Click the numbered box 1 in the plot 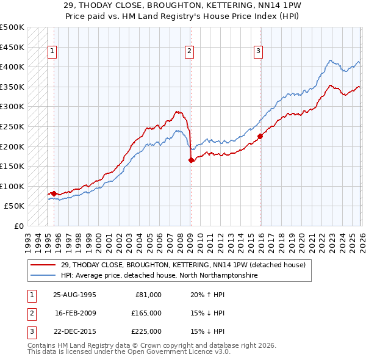point(53,52)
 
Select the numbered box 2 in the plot point(190,52)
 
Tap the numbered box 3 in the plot point(259,52)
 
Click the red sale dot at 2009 point(191,160)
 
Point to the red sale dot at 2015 point(260,136)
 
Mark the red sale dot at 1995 point(54,193)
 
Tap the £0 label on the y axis point(19,226)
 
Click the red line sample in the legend point(44,265)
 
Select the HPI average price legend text point(159,276)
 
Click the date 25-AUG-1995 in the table point(74,295)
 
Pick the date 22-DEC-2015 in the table point(74,331)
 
